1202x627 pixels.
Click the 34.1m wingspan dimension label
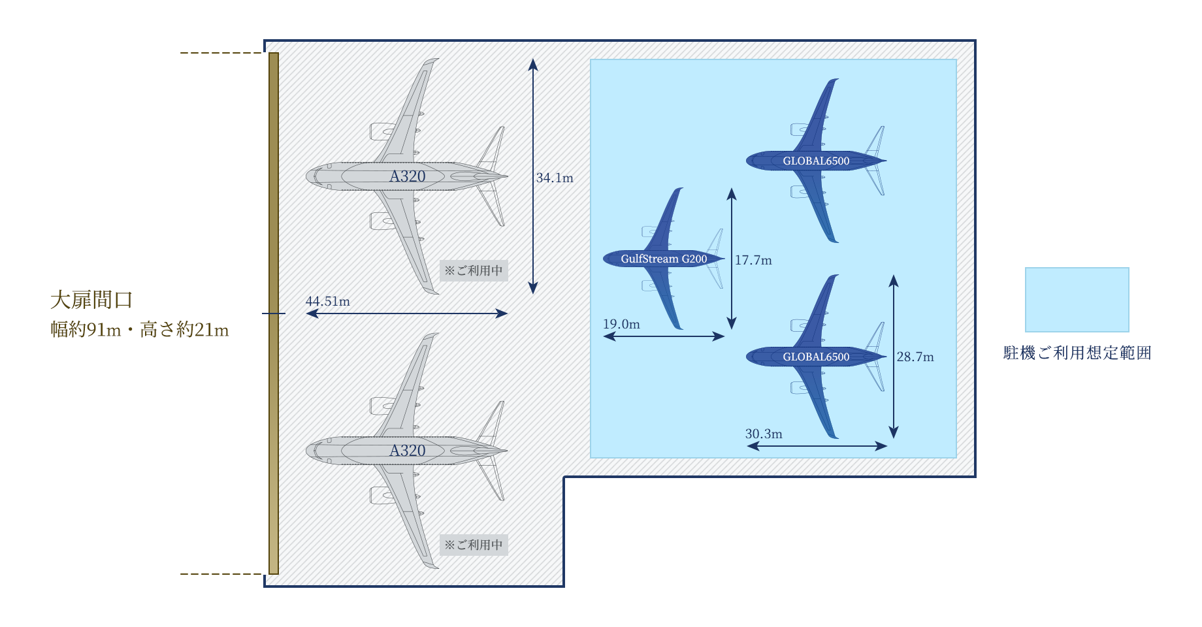pyautogui.click(x=555, y=178)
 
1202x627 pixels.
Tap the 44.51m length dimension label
pyautogui.click(x=327, y=301)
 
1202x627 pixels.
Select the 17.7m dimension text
pyautogui.click(x=753, y=260)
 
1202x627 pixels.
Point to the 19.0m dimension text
pyautogui.click(x=621, y=324)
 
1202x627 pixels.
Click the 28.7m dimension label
pyautogui.click(x=915, y=357)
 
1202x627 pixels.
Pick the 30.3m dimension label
pyautogui.click(x=764, y=434)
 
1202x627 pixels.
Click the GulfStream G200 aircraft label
pyautogui.click(x=664, y=259)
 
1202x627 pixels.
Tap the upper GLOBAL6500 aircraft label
pyautogui.click(x=816, y=161)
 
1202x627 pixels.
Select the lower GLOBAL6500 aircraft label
pyautogui.click(x=816, y=357)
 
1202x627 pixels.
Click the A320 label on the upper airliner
pyautogui.click(x=408, y=176)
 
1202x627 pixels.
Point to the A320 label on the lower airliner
pyautogui.click(x=408, y=451)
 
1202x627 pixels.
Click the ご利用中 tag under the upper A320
pyautogui.click(x=474, y=270)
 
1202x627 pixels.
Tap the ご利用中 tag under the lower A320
pyautogui.click(x=474, y=545)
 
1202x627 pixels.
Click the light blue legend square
pyautogui.click(x=1077, y=300)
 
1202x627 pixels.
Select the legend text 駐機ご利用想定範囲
pyautogui.click(x=1077, y=353)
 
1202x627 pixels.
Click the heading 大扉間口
pyautogui.click(x=91, y=300)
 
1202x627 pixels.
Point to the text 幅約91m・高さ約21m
pyautogui.click(x=140, y=330)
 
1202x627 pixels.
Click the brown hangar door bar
pyautogui.click(x=274, y=313)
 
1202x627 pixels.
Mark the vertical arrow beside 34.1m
pyautogui.click(x=533, y=176)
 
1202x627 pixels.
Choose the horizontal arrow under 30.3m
pyautogui.click(x=817, y=446)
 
